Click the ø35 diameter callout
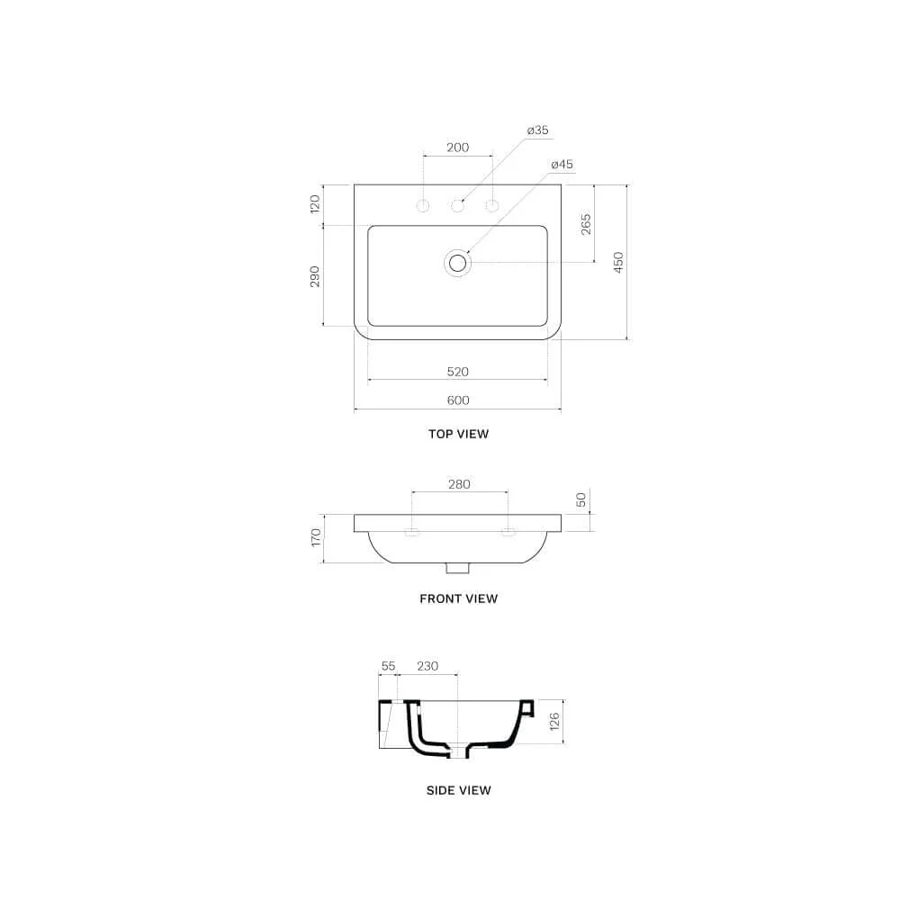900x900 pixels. coord(538,130)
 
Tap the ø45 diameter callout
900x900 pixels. coord(562,165)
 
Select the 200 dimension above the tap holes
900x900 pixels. coord(458,148)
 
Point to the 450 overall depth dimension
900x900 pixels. coord(618,262)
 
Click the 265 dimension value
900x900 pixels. coord(586,224)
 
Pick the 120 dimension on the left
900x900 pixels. coord(315,204)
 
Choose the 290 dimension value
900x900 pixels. coord(315,276)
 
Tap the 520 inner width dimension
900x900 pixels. coord(458,372)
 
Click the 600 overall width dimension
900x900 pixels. coord(458,400)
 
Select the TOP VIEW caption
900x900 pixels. coord(459,434)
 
